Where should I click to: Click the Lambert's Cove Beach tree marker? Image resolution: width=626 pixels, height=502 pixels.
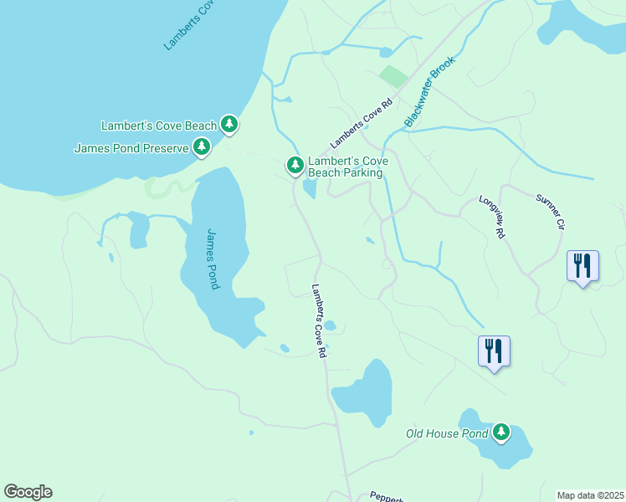(x=229, y=125)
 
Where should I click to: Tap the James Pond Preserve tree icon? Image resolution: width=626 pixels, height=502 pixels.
(x=201, y=147)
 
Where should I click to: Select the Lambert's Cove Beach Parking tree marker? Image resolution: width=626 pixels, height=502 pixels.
(x=295, y=166)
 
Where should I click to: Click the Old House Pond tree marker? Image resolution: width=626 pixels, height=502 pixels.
(x=500, y=432)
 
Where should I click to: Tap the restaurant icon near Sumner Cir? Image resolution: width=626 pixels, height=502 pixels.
(x=582, y=266)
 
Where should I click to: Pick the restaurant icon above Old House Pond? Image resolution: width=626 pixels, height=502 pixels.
(x=494, y=351)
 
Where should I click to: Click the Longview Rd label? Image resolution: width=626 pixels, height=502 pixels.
(x=493, y=218)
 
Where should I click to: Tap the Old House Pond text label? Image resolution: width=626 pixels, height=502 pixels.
(x=447, y=433)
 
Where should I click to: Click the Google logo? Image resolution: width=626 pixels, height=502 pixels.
(x=28, y=492)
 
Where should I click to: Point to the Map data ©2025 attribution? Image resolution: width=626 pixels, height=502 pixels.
(x=589, y=495)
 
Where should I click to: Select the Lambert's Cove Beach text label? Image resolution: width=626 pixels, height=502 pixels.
(x=158, y=125)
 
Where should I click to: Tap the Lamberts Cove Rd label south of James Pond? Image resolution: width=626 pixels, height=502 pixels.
(x=318, y=321)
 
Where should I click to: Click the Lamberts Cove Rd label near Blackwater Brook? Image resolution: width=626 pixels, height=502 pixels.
(x=361, y=125)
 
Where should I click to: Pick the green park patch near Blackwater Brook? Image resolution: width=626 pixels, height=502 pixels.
(x=392, y=77)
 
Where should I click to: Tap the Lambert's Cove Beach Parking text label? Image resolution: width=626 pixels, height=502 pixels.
(x=345, y=166)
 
